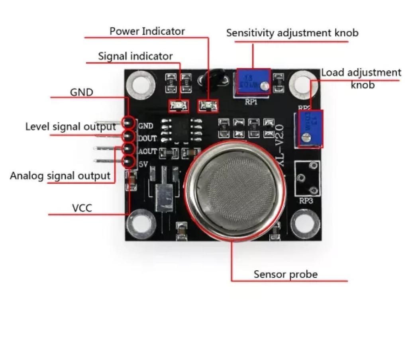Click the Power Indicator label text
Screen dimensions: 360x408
[147, 31]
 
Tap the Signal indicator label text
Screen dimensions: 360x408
[135, 57]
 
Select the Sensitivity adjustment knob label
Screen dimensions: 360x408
[292, 33]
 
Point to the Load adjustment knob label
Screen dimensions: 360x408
[361, 78]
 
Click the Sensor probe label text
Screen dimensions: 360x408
[286, 274]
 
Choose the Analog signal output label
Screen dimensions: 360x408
[60, 176]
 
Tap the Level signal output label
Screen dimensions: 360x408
[71, 127]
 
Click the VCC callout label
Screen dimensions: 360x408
[82, 208]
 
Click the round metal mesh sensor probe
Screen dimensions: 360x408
[235, 190]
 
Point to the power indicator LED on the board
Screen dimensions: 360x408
[208, 106]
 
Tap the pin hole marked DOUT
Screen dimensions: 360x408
[128, 136]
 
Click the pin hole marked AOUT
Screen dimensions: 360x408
[128, 149]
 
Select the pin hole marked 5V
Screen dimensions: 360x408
[127, 162]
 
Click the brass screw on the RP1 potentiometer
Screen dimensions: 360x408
[263, 84]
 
